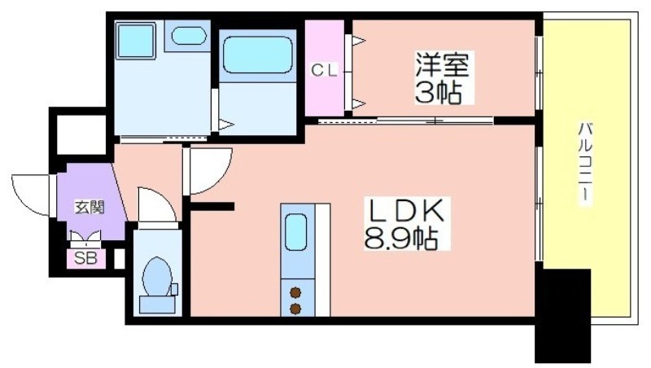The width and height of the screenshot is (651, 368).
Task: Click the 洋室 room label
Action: [443, 65]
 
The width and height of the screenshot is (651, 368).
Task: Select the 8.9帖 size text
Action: [401, 239]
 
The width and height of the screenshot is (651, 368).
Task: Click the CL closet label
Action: [324, 71]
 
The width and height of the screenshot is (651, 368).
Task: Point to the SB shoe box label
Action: [85, 259]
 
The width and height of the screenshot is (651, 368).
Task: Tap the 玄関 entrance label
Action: [90, 207]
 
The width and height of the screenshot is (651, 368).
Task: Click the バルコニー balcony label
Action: [585, 162]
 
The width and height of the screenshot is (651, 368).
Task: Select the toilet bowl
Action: [157, 277]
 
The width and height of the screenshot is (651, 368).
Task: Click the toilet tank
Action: [157, 304]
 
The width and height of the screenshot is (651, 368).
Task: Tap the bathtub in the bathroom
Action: [257, 55]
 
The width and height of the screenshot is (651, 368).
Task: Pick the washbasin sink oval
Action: [189, 36]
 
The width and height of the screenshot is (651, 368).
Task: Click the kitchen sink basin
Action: [296, 233]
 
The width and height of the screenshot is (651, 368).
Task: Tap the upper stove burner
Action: [295, 292]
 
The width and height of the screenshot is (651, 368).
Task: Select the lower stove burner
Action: [295, 309]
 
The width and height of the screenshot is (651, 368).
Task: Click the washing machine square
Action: [135, 41]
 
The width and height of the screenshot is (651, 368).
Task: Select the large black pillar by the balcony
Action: [562, 316]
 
